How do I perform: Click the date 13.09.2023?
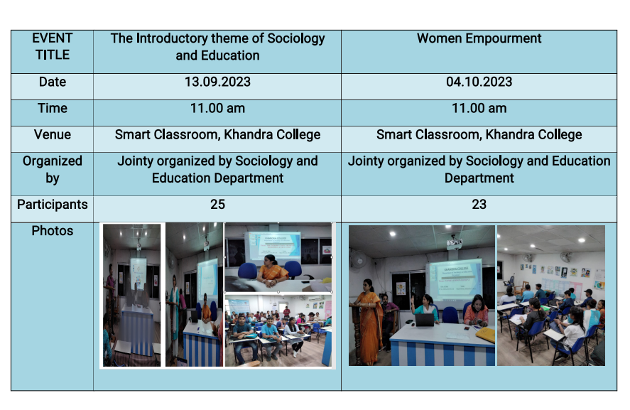(x=217, y=82)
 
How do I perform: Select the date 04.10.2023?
(x=479, y=82)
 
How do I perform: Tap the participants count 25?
(x=217, y=204)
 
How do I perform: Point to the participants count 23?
(x=479, y=204)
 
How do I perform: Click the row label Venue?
(x=53, y=135)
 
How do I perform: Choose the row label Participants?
(x=53, y=205)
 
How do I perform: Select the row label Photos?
(x=53, y=231)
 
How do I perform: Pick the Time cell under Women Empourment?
(x=479, y=109)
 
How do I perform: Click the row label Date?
(x=53, y=82)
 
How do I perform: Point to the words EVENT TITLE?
(x=53, y=46)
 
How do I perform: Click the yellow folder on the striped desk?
(x=484, y=335)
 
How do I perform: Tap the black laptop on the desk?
(x=424, y=320)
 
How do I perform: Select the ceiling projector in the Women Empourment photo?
(x=454, y=243)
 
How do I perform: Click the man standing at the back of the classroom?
(x=286, y=312)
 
